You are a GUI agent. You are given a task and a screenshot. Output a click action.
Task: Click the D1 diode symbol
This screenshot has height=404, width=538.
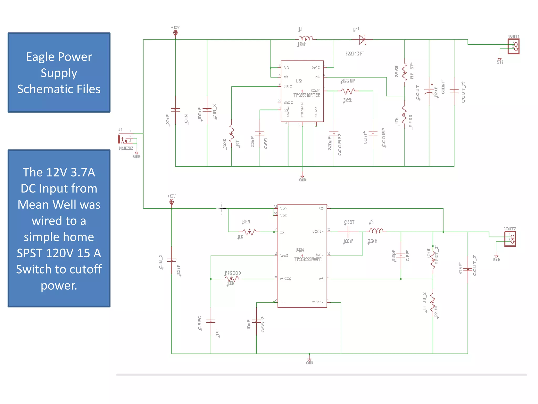pyautogui.click(x=363, y=40)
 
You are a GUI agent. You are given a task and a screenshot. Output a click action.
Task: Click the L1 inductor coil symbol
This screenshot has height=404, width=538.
pyautogui.click(x=306, y=38)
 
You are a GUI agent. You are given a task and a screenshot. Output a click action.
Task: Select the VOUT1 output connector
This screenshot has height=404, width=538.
pyautogui.click(x=513, y=46)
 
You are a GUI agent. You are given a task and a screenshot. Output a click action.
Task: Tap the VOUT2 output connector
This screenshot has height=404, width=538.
pyautogui.click(x=510, y=239)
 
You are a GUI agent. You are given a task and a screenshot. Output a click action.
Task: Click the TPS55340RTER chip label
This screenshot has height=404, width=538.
pyautogui.click(x=307, y=95)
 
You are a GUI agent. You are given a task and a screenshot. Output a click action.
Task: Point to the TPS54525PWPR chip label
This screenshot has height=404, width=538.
pyautogui.click(x=308, y=259)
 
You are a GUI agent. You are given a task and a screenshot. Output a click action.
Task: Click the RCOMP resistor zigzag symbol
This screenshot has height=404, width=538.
pyautogui.click(x=348, y=91)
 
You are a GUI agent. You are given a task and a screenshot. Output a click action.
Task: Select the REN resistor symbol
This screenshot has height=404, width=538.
pyautogui.click(x=249, y=232)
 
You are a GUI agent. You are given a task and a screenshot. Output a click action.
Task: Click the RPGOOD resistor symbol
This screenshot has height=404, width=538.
pyautogui.click(x=231, y=279)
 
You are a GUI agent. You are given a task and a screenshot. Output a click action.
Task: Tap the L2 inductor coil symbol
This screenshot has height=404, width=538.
pyautogui.click(x=376, y=231)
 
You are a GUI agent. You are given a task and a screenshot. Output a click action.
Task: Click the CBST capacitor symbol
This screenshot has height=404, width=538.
pyautogui.click(x=348, y=232)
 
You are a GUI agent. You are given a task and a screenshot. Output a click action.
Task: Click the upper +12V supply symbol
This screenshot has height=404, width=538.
pyautogui.click(x=175, y=32)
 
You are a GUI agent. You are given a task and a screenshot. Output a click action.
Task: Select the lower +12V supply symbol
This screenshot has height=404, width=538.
pyautogui.click(x=172, y=202)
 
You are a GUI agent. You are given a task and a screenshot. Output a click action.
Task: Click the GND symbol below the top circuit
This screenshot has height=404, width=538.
pyautogui.click(x=302, y=178)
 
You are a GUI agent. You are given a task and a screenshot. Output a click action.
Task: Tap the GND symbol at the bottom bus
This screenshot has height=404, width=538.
pyautogui.click(x=309, y=361)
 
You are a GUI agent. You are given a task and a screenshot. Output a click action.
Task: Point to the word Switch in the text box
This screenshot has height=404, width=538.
pyautogui.click(x=33, y=269)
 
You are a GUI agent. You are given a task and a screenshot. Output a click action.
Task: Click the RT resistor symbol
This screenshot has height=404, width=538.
pyautogui.click(x=231, y=134)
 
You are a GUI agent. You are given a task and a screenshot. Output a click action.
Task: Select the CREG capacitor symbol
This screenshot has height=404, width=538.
pyautogui.click(x=211, y=321)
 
